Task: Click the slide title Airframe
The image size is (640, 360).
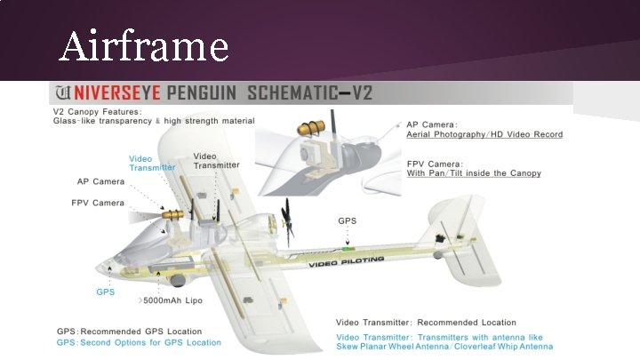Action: tap(143, 45)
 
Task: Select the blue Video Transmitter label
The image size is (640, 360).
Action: tap(152, 163)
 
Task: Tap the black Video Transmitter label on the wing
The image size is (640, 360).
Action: tap(216, 160)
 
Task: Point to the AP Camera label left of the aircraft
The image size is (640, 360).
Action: tap(100, 181)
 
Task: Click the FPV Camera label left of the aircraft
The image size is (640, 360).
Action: tap(98, 203)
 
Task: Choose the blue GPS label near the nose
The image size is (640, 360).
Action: tap(105, 292)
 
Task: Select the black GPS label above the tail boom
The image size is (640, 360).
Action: tap(347, 220)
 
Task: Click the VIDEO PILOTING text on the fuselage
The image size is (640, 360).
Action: tap(347, 260)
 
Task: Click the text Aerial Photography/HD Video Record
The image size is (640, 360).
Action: tap(484, 135)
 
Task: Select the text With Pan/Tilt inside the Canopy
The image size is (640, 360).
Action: tap(473, 173)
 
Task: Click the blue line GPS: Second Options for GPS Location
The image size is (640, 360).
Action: tap(140, 342)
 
